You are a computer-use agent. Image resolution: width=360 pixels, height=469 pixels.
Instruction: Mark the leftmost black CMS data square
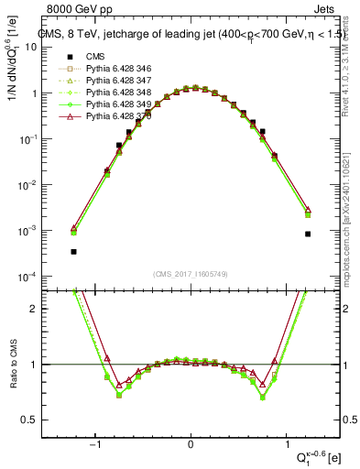[73, 251]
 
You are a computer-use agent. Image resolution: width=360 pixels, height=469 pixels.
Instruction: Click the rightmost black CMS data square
[308, 234]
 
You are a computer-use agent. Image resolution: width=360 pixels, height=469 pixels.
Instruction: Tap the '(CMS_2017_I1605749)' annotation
[191, 274]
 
